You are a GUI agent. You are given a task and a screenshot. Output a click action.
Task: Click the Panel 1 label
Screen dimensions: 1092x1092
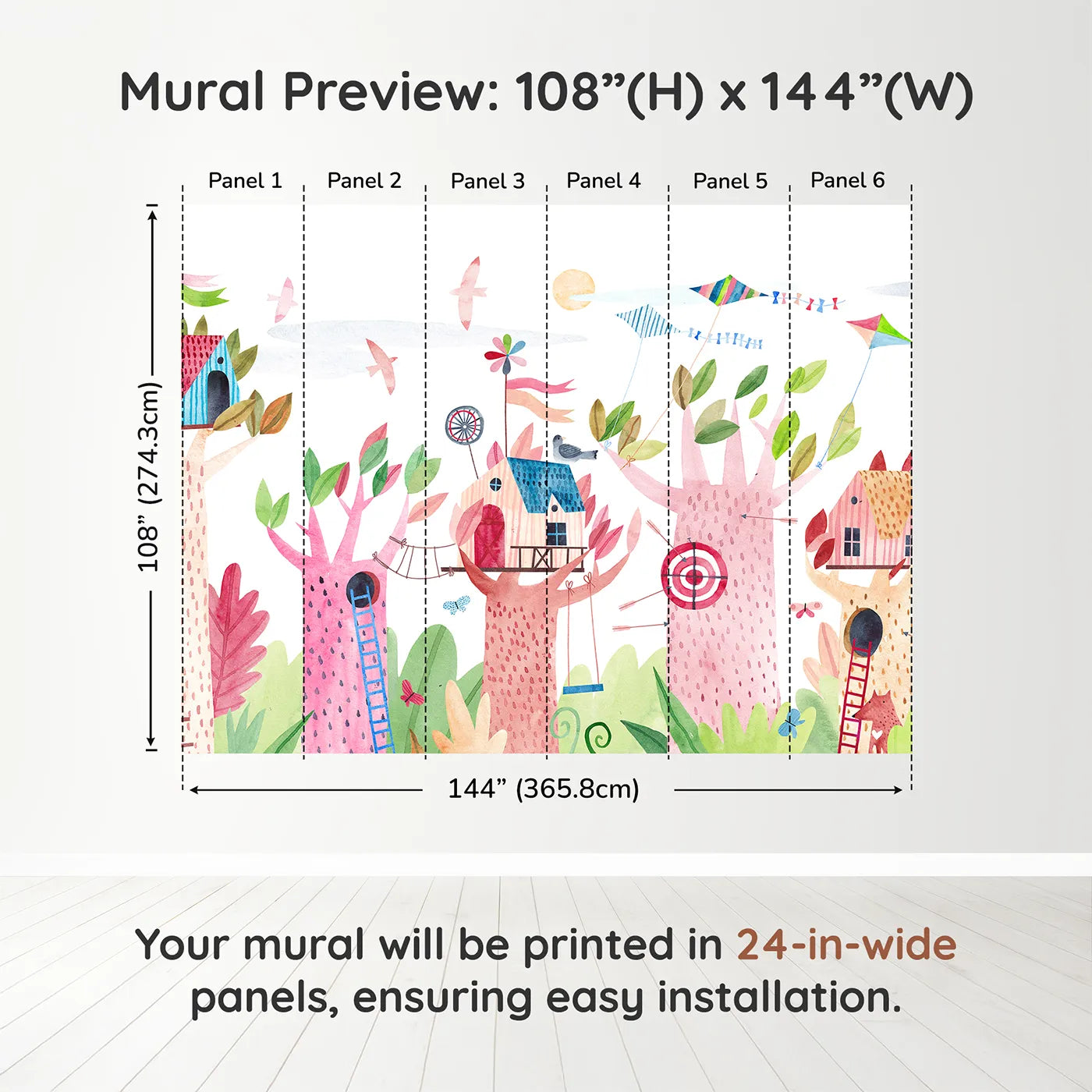point(245,181)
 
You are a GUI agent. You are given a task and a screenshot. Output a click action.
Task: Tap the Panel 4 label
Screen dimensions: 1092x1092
point(603,181)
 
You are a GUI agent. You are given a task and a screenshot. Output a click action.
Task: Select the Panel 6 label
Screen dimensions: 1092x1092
point(847,180)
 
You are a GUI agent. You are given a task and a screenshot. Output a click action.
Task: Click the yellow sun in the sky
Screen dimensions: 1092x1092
point(573,289)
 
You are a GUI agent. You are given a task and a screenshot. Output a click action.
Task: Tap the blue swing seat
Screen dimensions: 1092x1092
point(583,690)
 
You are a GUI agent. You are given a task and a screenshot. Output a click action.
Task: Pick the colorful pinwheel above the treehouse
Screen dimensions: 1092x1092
point(505,354)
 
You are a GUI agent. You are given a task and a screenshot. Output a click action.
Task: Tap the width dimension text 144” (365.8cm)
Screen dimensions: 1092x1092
point(543,789)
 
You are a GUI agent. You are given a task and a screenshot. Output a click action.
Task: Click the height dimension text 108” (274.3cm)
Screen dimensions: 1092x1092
point(149,477)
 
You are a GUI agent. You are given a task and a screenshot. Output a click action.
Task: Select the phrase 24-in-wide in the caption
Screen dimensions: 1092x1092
point(846,945)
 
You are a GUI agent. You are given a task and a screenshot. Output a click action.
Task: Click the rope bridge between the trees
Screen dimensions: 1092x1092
point(413,558)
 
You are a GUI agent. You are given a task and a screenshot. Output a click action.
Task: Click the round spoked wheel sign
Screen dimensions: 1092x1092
point(464,426)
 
